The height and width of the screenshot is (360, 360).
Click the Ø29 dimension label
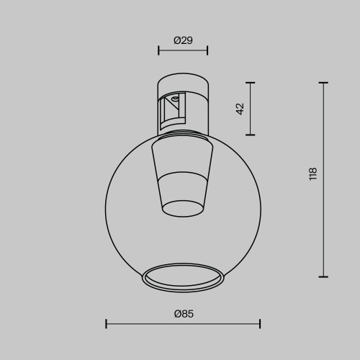tap(183, 41)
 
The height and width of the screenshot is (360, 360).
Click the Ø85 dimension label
tap(184, 313)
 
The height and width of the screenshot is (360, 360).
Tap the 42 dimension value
tap(240, 109)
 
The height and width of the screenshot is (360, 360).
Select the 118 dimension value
tap(312, 174)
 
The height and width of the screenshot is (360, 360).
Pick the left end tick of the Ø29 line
tap(158, 50)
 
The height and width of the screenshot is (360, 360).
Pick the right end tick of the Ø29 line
tap(207, 50)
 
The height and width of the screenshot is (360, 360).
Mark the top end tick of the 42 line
tap(251, 83)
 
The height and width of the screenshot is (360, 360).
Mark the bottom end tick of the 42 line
tap(251, 135)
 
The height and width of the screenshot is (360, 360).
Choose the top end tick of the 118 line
tap(323, 83)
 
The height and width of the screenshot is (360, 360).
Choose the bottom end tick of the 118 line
tap(323, 276)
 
